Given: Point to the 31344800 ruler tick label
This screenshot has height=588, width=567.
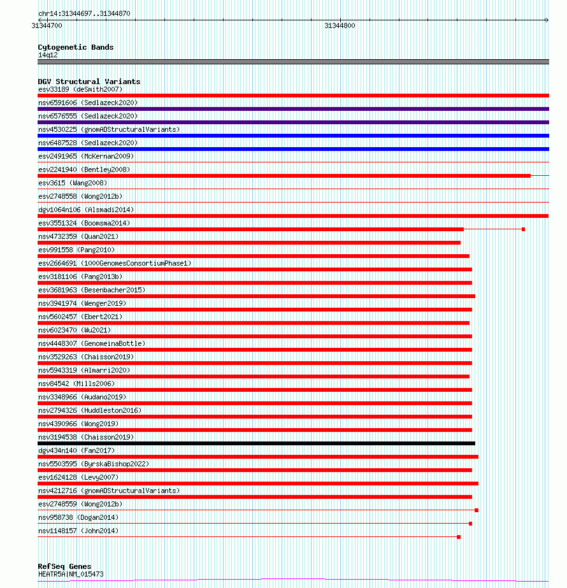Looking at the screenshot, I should point(340,26).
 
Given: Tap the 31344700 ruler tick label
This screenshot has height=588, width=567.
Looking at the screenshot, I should point(47,26).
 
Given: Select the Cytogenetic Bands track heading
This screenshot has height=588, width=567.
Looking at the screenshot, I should point(75,47).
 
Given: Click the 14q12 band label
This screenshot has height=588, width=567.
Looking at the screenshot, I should point(48,55).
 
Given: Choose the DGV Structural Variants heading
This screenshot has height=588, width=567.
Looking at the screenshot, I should point(89,82).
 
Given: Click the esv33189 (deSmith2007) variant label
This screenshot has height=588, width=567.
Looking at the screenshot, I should point(80,89).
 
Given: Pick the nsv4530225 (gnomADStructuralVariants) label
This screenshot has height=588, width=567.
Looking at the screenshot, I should point(108,129).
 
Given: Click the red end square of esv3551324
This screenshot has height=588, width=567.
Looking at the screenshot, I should point(523,229).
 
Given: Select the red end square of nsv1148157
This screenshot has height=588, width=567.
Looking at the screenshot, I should point(459,537).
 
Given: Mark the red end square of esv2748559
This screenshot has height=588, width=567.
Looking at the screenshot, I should point(477,510).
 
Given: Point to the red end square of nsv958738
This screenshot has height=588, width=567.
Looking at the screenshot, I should point(470,524).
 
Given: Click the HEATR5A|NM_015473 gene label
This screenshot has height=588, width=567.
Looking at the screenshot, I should point(71,574).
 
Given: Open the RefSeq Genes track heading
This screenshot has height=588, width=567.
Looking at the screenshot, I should point(64,566).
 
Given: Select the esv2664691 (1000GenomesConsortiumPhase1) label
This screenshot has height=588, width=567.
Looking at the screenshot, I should point(114,263).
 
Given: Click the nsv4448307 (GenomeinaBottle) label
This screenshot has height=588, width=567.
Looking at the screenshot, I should point(91,343).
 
